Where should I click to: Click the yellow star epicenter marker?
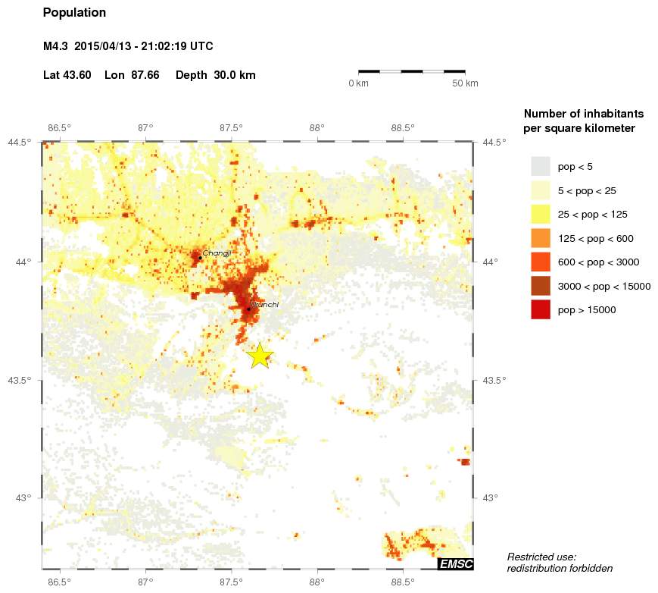pyautogui.click(x=260, y=355)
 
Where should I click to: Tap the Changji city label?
pyautogui.click(x=216, y=253)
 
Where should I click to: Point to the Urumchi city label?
pyautogui.click(x=264, y=304)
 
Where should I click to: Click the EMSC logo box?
pyautogui.click(x=455, y=563)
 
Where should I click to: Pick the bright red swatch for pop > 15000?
pyautogui.click(x=540, y=309)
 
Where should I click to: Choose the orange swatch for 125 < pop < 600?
pyautogui.click(x=540, y=238)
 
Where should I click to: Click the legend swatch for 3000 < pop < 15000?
pyautogui.click(x=540, y=286)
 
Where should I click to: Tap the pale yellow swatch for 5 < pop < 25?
pyautogui.click(x=540, y=190)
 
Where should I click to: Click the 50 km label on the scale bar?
pyautogui.click(x=465, y=83)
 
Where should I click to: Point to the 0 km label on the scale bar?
pyautogui.click(x=358, y=83)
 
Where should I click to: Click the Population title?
pyautogui.click(x=75, y=13)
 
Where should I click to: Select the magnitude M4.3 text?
pyautogui.click(x=55, y=46)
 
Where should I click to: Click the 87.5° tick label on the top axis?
pyautogui.click(x=231, y=127)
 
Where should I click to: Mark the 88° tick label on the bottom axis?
pyautogui.click(x=317, y=582)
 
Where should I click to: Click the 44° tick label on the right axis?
pyautogui.click(x=493, y=262)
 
